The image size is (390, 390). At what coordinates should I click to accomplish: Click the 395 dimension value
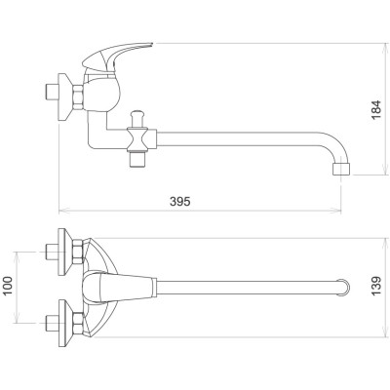coord(179,202)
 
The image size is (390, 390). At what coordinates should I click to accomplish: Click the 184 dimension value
coord(376,109)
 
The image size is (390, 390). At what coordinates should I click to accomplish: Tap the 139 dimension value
coord(376,286)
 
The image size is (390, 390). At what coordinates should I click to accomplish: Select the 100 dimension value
coord(7,286)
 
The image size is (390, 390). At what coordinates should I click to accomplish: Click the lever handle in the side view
coord(117,55)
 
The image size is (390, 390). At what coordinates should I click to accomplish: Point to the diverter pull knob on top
coord(136,119)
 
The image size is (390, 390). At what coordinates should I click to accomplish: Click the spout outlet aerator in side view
coord(341,169)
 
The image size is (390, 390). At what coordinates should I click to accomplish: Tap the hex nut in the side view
coord(78,97)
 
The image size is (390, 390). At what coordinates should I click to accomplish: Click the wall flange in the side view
coord(64,97)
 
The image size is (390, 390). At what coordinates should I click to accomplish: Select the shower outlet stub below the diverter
coord(136,159)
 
